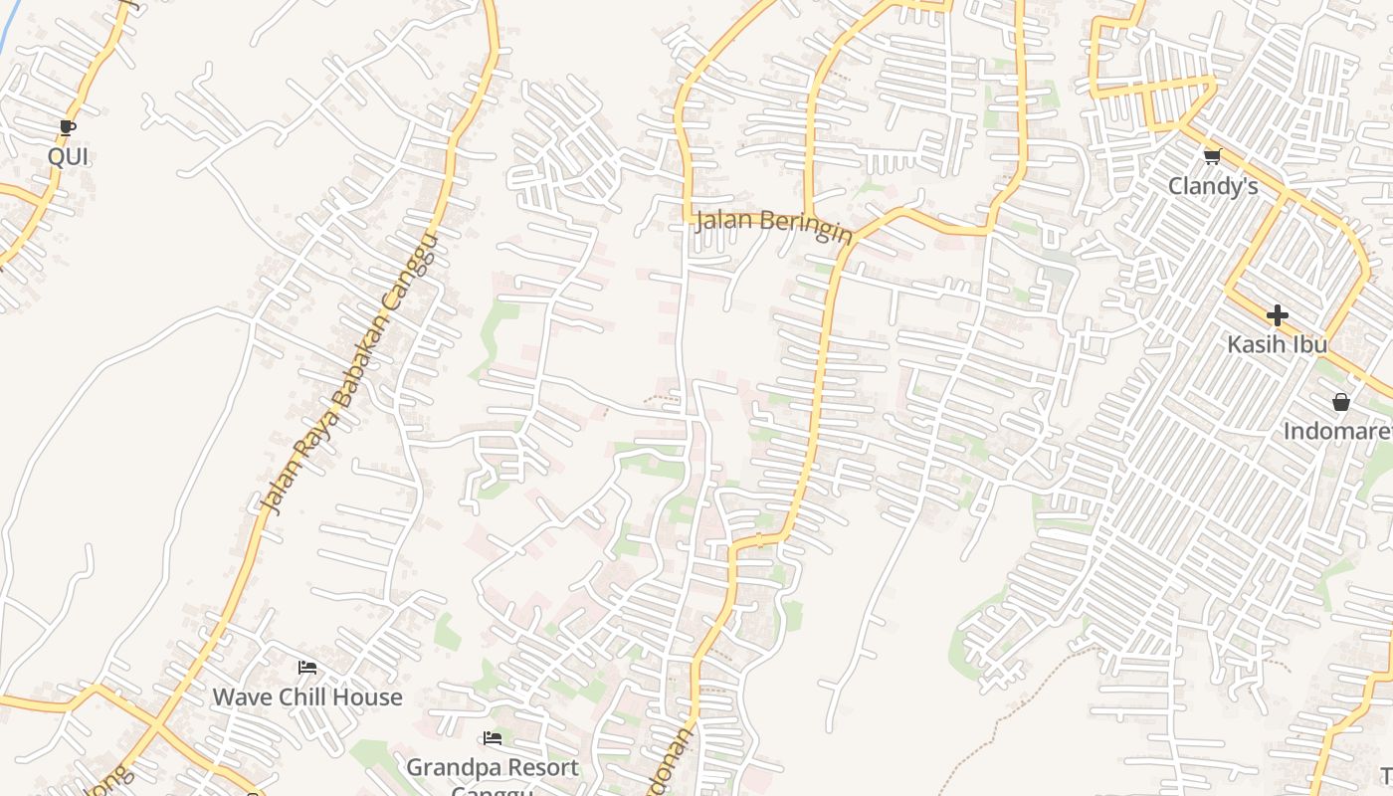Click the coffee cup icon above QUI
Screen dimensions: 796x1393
click(x=67, y=127)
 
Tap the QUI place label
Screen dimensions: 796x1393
click(x=68, y=156)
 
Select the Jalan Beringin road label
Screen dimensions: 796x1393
click(x=774, y=223)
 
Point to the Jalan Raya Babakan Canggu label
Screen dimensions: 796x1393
click(x=348, y=374)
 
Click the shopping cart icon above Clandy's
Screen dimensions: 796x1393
click(x=1212, y=156)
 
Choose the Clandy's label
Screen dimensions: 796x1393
click(x=1212, y=186)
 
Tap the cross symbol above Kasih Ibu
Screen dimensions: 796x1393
click(x=1277, y=315)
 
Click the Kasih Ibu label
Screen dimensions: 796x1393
click(x=1277, y=344)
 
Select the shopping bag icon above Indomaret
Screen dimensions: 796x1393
click(x=1340, y=402)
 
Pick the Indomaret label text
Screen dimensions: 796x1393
click(x=1338, y=431)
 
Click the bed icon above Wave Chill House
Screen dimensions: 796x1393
click(x=307, y=668)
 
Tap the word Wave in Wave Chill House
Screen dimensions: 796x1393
click(x=241, y=696)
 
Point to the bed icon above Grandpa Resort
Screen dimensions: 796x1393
click(x=492, y=738)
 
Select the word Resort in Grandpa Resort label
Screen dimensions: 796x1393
click(x=543, y=768)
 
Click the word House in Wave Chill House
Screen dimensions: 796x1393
click(x=367, y=696)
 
